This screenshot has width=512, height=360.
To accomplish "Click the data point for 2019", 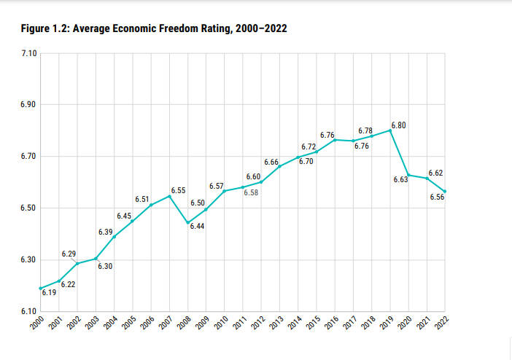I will [390, 130].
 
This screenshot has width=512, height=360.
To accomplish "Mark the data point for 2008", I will [187, 223].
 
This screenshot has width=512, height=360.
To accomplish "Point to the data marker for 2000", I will [40, 289].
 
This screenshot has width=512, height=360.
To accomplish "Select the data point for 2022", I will [445, 192].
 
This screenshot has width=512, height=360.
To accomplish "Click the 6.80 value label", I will [399, 125].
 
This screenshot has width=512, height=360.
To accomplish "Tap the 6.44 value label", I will [197, 227].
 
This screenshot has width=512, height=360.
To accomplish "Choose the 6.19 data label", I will [49, 293].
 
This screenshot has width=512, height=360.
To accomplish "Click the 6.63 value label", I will [400, 179].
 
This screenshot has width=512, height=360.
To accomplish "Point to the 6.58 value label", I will [251, 193].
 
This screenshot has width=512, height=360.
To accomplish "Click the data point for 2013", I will [279, 167].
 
